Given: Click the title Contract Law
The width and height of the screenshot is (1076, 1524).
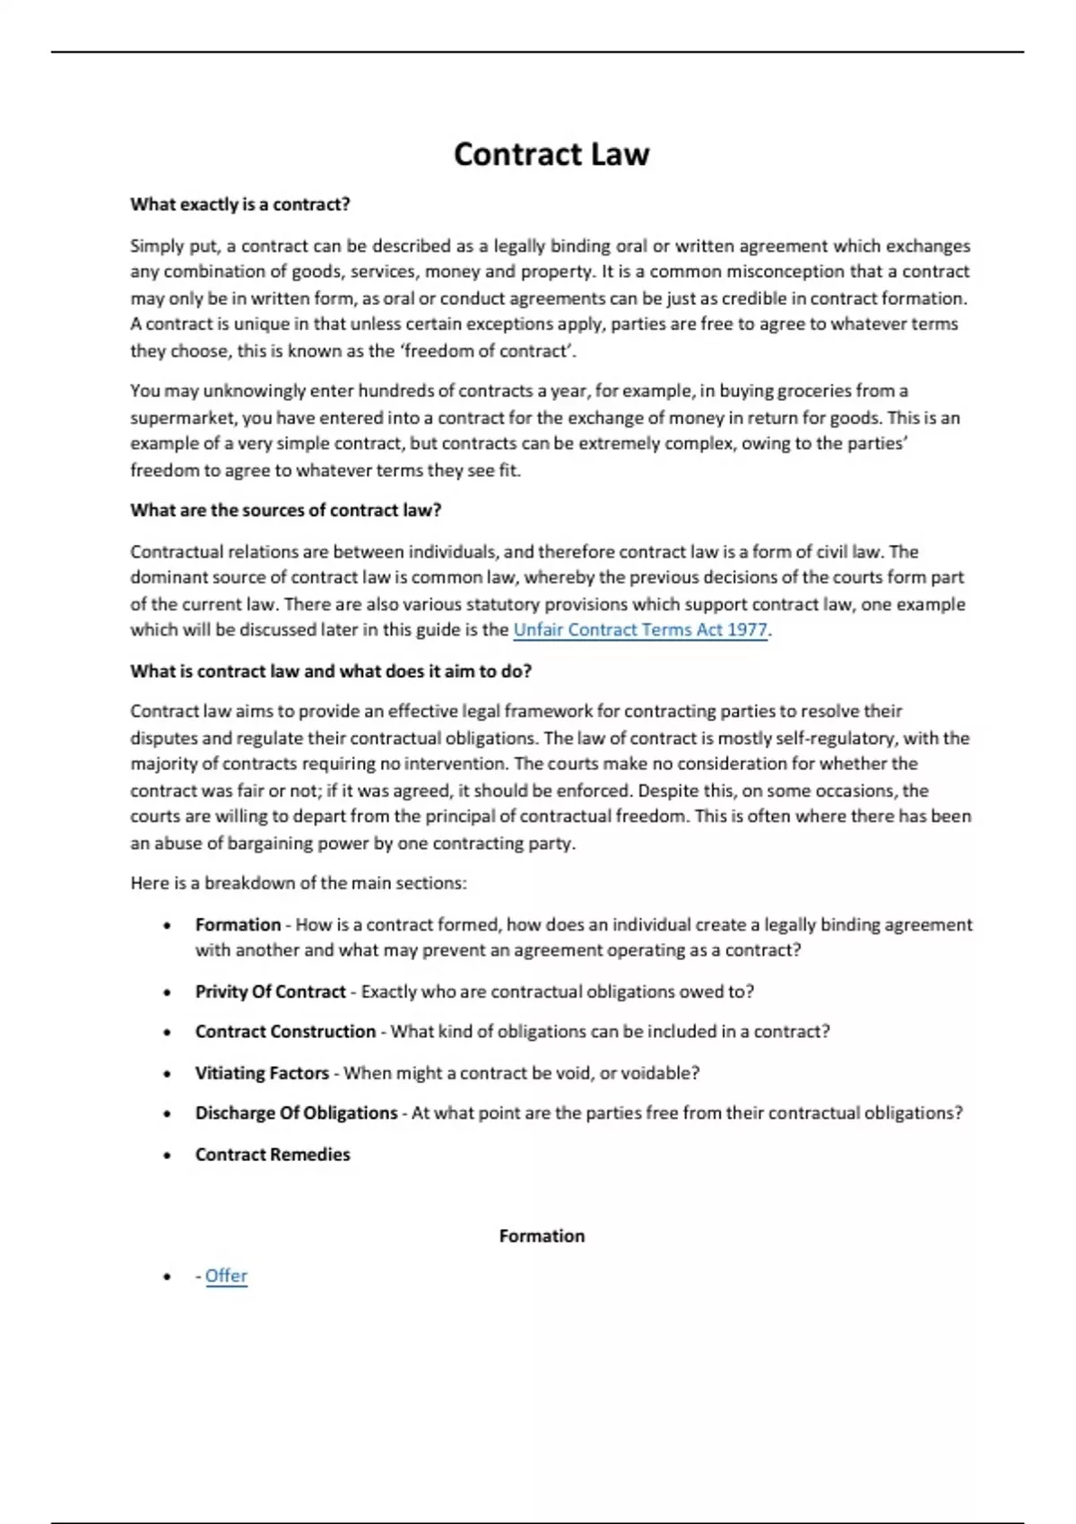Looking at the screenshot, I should pos(551,154).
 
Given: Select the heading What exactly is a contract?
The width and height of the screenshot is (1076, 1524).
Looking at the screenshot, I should pos(240,204).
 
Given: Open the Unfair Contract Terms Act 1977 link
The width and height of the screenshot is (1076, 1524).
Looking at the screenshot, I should pos(640,630).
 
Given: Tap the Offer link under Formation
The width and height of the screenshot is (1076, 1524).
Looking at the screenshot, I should pos(226,1276).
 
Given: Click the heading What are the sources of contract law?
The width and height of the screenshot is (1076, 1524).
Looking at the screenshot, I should pos(286,510).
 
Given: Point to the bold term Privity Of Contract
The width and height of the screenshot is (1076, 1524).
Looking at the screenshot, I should pos(270,991).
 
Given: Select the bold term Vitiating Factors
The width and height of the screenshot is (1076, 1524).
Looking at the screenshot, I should pos(262,1073).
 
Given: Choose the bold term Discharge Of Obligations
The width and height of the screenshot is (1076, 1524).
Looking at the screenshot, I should pos(296,1113).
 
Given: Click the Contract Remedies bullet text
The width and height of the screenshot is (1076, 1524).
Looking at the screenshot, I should pos(273,1155).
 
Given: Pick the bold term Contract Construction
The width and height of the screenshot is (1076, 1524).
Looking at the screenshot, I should pos(285,1032).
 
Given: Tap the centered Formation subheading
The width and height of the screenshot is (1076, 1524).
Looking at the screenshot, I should pos(542,1236).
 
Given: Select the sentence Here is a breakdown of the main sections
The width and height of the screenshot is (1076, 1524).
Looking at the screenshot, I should pos(299,883).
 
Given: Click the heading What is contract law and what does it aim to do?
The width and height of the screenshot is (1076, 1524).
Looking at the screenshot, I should pos(331,671).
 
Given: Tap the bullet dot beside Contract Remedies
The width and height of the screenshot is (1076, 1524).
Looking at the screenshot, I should pos(168,1156).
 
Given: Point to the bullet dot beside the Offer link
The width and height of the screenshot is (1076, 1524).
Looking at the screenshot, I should pos(168,1277).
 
